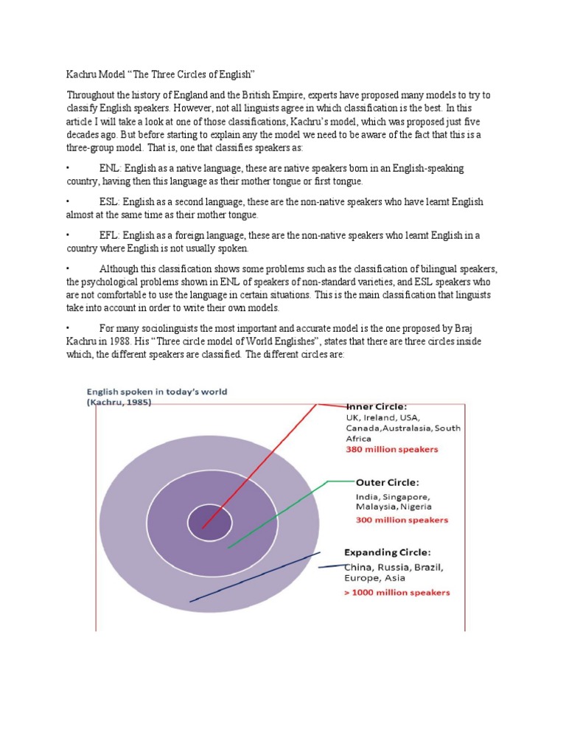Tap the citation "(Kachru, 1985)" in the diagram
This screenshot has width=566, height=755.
tap(119, 403)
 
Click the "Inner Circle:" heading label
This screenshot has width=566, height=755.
tap(376, 406)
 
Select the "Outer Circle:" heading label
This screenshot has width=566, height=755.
tap(387, 482)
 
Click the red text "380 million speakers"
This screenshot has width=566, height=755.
tap(392, 448)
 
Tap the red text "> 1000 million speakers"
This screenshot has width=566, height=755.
tap(397, 592)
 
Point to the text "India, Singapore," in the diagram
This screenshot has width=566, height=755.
tap(388, 496)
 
